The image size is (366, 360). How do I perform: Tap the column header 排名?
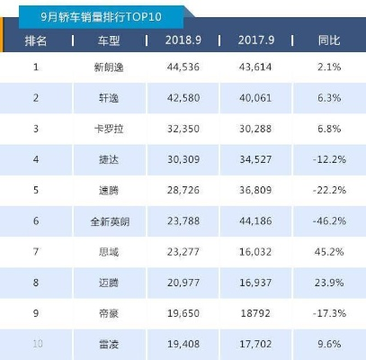click(x=37, y=41)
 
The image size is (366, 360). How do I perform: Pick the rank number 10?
click(x=37, y=343)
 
